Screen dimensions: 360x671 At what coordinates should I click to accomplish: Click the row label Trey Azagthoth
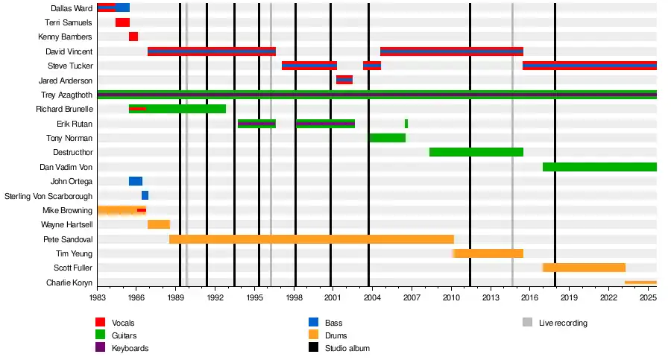66,95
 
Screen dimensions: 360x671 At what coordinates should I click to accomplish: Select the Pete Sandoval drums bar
312,239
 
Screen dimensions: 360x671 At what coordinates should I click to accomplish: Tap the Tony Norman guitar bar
387,138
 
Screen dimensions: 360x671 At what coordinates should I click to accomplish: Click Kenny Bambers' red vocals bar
133,37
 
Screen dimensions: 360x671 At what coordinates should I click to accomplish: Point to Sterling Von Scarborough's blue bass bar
145,195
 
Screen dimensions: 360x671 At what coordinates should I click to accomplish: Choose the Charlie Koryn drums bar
640,282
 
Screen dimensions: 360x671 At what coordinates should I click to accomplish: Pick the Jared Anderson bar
344,80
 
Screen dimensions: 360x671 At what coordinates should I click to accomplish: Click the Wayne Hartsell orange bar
159,224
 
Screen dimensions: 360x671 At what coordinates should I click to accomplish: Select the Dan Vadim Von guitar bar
599,167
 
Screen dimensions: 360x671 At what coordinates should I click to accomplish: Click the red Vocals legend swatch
100,323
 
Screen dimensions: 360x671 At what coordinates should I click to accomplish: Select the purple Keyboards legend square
100,348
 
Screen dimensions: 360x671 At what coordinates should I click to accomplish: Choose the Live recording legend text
563,323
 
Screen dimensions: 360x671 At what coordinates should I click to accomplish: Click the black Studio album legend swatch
313,348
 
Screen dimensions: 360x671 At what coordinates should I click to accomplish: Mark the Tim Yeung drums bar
488,253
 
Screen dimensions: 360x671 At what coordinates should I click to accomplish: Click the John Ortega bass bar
136,181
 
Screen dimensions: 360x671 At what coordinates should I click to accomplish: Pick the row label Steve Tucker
70,66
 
